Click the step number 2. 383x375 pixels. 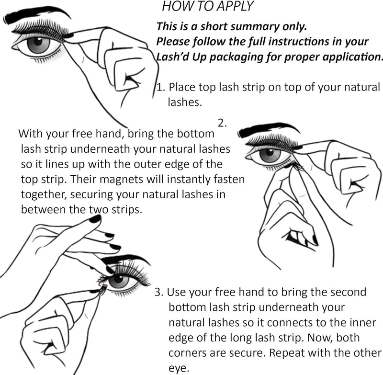point(222,124)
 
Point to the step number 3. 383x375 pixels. point(159,292)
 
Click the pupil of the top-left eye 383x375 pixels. point(38,41)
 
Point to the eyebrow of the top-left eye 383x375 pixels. point(37,15)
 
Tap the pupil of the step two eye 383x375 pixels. point(270,152)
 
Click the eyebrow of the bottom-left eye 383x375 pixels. point(126,260)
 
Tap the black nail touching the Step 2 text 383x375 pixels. point(95,218)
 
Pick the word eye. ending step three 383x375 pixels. point(179,368)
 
